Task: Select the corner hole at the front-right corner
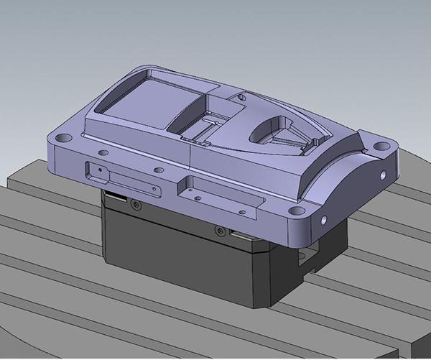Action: (x=295, y=211)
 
